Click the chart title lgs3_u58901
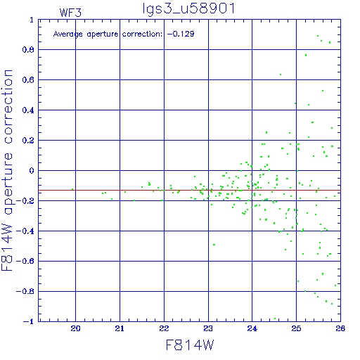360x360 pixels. point(188,9)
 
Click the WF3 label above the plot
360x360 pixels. point(70,13)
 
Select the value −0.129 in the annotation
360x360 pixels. point(181,34)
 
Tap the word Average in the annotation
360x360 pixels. point(68,34)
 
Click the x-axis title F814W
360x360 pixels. point(190,345)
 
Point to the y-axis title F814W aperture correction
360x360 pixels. point(8,170)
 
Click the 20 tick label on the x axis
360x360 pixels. point(75,328)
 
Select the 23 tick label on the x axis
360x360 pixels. point(208,328)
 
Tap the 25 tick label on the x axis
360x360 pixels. point(296,328)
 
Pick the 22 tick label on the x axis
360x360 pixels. point(164,328)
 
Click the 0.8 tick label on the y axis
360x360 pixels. point(28,50)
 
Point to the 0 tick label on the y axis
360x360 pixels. point(32,171)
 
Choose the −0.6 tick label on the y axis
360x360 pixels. point(25,261)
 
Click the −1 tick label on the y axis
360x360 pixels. point(29,321)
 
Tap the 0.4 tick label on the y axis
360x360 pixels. point(28,110)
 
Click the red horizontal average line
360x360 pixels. point(189,190)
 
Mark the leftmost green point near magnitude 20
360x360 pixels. point(72,189)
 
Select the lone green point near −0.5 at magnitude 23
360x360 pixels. point(214,245)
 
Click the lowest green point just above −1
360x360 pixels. point(275,319)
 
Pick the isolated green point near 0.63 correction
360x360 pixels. point(281,75)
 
